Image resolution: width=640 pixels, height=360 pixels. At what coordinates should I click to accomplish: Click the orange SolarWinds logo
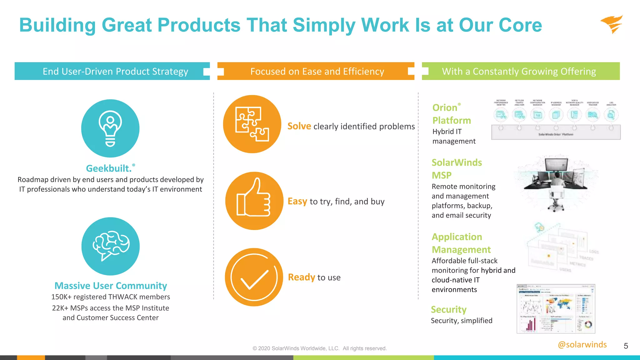point(612,24)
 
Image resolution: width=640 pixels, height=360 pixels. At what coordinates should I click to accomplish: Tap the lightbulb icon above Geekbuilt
point(110,128)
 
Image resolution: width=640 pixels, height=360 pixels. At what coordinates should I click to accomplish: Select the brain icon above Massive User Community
point(111,246)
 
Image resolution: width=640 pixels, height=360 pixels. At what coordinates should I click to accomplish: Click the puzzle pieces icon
point(252,124)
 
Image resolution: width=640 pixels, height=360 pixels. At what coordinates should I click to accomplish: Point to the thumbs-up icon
point(254,201)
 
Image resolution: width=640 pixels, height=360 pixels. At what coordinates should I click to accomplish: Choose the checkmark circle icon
point(254,277)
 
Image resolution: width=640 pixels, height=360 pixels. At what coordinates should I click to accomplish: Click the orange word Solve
point(299,126)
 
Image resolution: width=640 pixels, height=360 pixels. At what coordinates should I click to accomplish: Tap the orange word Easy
point(297,201)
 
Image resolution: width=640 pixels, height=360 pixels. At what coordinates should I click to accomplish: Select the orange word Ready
point(302,277)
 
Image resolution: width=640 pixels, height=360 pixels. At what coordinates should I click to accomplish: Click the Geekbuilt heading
point(109,168)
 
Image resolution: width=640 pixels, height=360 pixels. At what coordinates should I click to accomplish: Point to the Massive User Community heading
point(111,286)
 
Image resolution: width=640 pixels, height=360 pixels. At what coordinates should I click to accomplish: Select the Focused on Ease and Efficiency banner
point(317,71)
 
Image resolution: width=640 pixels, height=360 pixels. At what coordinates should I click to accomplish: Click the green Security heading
point(448,309)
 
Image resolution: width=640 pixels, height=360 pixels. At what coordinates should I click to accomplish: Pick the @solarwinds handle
point(582,344)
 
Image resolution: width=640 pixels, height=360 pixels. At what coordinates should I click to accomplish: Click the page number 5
point(626,346)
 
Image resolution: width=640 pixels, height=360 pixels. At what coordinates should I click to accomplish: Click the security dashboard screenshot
point(556,309)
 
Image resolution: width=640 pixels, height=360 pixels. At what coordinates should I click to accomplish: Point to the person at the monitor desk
point(556,184)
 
